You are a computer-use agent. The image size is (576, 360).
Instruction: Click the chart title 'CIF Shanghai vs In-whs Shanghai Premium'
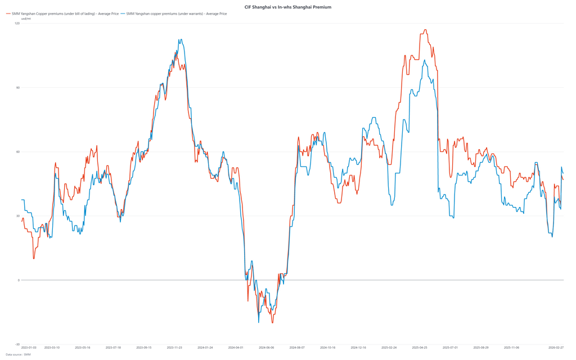click(x=287, y=7)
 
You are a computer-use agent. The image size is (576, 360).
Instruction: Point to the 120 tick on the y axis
click(x=17, y=23)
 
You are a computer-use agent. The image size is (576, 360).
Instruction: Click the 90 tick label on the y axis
click(x=17, y=87)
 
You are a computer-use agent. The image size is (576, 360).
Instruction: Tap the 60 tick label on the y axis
click(x=17, y=152)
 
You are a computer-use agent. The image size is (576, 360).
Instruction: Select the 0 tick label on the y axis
click(x=19, y=280)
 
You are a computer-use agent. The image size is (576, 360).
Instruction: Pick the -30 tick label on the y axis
click(x=17, y=344)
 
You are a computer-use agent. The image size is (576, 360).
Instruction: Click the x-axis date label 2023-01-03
click(x=29, y=348)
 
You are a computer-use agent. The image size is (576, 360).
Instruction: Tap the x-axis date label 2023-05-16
click(x=82, y=348)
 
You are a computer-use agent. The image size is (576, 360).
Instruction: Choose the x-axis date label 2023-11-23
click(x=174, y=348)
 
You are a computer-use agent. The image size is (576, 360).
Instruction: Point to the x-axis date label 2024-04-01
click(x=236, y=348)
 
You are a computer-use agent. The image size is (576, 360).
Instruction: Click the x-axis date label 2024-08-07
click(x=297, y=348)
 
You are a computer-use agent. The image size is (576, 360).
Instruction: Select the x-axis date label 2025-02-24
click(x=389, y=348)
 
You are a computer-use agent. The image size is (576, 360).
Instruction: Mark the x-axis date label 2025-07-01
click(x=450, y=348)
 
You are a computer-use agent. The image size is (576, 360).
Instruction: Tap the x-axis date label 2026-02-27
click(x=556, y=348)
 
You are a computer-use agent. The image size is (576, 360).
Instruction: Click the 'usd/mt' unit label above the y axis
click(x=26, y=19)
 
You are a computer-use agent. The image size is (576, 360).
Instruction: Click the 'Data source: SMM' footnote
click(x=18, y=355)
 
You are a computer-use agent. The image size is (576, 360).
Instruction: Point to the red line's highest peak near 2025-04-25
click(x=425, y=30)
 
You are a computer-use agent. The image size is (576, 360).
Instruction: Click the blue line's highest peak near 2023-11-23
click(x=180, y=39)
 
